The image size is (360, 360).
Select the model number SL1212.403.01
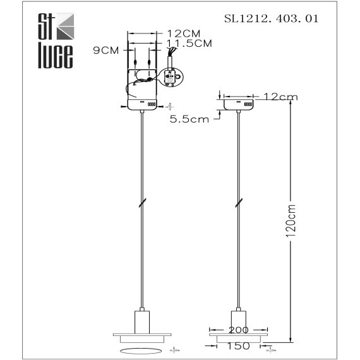271,19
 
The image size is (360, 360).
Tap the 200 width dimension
239,330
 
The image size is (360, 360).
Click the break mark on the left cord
144,203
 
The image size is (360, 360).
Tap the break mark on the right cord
238,203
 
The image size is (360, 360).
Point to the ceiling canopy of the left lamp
143,104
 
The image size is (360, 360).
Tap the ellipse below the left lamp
143,349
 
